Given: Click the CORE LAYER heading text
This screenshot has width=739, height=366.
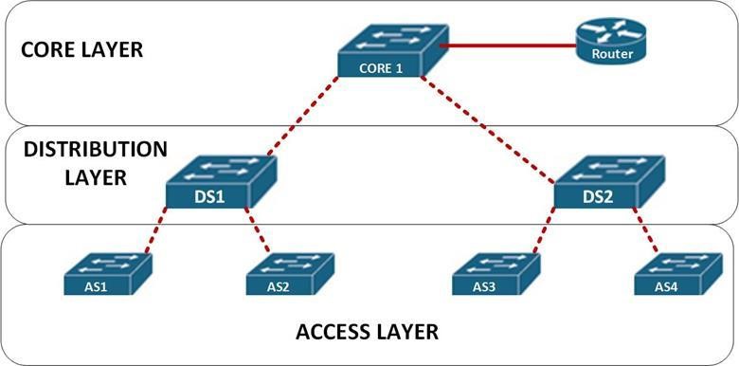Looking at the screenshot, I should pyautogui.click(x=81, y=48).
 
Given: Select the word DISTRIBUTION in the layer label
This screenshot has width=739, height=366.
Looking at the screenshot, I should pyautogui.click(x=95, y=150).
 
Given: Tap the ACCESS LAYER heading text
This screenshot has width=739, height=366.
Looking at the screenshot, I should pyautogui.click(x=367, y=332).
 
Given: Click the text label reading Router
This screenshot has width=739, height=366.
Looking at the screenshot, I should pyautogui.click(x=611, y=54).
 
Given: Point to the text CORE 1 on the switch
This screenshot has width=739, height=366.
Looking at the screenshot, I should pyautogui.click(x=383, y=68).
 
